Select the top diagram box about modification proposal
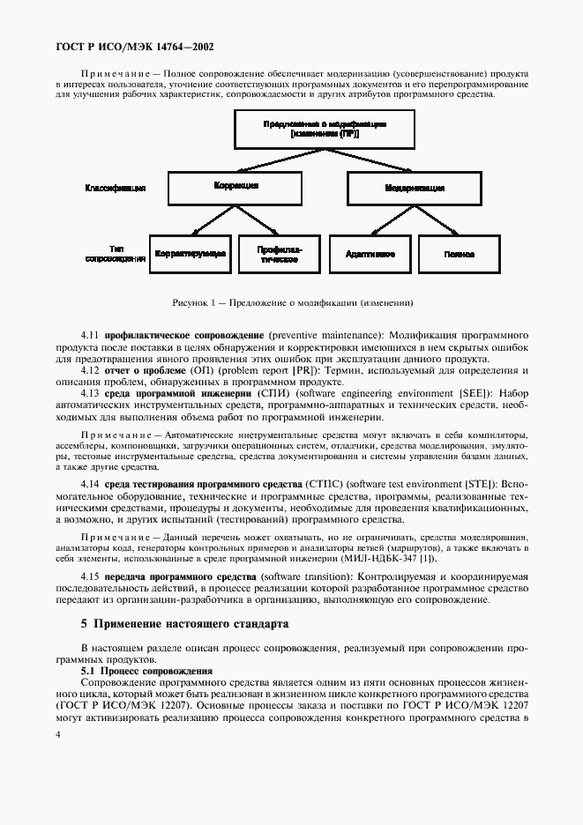click(325, 129)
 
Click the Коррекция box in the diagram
click(235, 188)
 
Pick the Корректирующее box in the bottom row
click(191, 254)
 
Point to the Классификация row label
click(115, 188)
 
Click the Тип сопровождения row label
click(116, 254)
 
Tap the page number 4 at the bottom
click(57, 732)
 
